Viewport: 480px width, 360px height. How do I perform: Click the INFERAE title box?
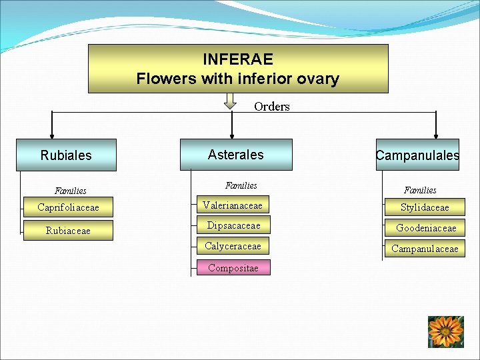[x=238, y=69]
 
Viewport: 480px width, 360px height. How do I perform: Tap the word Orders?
[x=272, y=107]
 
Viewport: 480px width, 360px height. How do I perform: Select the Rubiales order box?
[x=66, y=155]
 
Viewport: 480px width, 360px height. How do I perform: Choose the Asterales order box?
[x=236, y=154]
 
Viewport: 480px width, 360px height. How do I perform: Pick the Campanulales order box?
[x=417, y=155]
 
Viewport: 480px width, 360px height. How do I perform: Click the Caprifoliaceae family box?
[x=67, y=207]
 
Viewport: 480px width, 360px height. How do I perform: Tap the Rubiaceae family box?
[x=67, y=231]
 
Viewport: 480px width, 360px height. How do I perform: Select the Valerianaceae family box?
[x=233, y=205]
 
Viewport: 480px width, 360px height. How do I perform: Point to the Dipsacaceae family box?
[x=233, y=225]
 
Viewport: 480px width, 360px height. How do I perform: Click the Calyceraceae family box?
[x=233, y=246]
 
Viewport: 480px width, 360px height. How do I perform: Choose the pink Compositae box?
[x=233, y=268]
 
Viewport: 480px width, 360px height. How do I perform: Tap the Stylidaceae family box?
[x=425, y=207]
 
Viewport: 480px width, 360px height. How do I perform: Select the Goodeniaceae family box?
[x=425, y=228]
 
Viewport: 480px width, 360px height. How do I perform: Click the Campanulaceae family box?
[x=425, y=249]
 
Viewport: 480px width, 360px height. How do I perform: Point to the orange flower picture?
[x=445, y=331]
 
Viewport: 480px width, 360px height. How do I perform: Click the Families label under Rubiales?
[x=71, y=191]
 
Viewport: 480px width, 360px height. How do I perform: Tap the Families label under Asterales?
[x=241, y=185]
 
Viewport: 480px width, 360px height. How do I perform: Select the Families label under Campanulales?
[x=420, y=190]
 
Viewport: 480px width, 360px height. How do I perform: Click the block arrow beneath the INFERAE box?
[x=230, y=101]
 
